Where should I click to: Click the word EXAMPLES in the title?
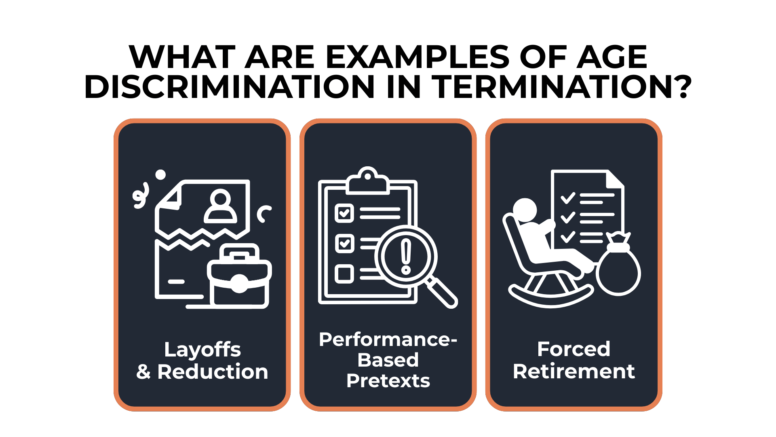(x=417, y=57)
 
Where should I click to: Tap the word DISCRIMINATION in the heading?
(x=229, y=87)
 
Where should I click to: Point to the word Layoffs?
(x=202, y=350)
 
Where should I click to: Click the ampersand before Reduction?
(x=143, y=371)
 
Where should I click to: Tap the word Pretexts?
(x=388, y=381)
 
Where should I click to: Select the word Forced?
(x=574, y=349)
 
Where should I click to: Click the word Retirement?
(x=574, y=371)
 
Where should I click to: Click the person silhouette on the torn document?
(x=220, y=206)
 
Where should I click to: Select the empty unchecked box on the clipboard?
(x=344, y=273)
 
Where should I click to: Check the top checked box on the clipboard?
(x=344, y=213)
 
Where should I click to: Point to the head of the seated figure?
(x=525, y=210)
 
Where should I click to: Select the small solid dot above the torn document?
(x=160, y=174)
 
